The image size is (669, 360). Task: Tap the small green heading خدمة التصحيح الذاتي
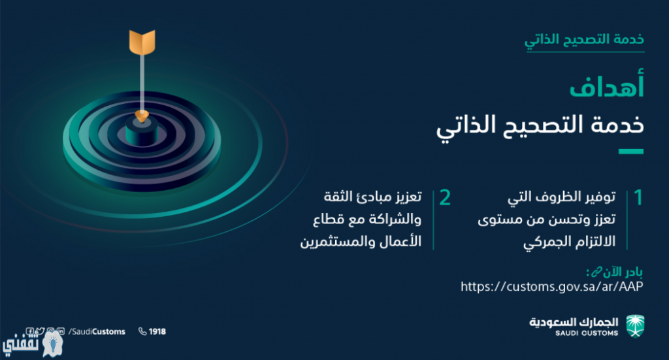[584, 40]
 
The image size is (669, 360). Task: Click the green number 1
[638, 197]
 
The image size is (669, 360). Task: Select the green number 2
[445, 197]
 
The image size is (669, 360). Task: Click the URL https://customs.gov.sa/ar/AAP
[551, 286]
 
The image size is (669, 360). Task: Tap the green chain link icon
[596, 271]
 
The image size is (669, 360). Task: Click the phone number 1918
[157, 331]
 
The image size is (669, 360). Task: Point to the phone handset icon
[142, 331]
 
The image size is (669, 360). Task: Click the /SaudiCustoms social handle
[97, 331]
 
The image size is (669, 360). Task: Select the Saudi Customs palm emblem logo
[635, 326]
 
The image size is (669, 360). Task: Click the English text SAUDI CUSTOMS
[587, 333]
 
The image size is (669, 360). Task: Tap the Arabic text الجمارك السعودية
[574, 321]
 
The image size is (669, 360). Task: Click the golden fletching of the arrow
[142, 42]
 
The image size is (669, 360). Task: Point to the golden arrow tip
[142, 116]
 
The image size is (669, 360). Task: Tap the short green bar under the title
[631, 152]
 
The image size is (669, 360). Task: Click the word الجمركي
[546, 242]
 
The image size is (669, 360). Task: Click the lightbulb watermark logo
[52, 344]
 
